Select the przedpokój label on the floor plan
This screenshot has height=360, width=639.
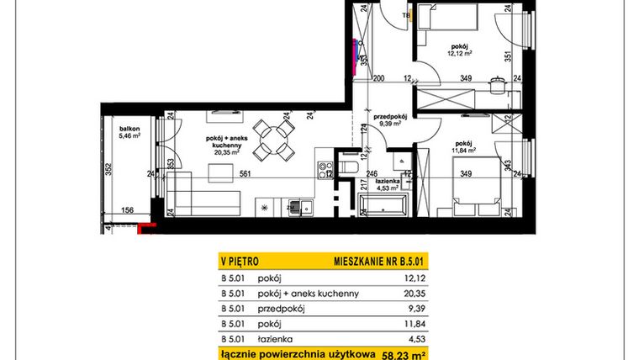pyautogui.click(x=390, y=118)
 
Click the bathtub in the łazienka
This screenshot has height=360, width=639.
pyautogui.click(x=383, y=204)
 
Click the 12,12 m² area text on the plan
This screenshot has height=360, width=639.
pyautogui.click(x=457, y=53)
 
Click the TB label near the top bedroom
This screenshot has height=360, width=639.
pyautogui.click(x=406, y=15)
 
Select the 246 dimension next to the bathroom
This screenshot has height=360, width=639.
pyautogui.click(x=372, y=175)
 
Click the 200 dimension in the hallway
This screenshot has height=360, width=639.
pyautogui.click(x=378, y=79)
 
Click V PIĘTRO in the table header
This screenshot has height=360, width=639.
pyautogui.click(x=240, y=260)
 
